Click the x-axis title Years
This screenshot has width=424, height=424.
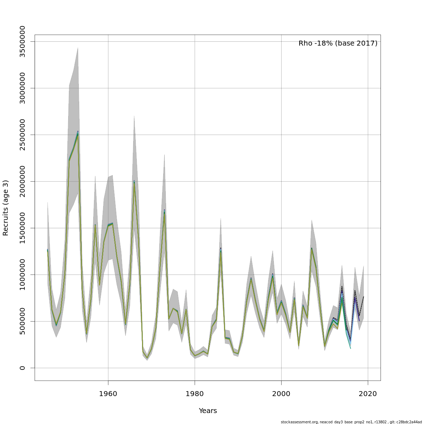pyautogui.click(x=208, y=411)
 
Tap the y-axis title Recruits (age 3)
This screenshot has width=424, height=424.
pyautogui.click(x=6, y=208)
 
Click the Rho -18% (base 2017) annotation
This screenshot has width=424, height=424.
pyautogui.click(x=338, y=43)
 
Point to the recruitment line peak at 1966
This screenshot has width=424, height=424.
pyautogui.click(x=134, y=182)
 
